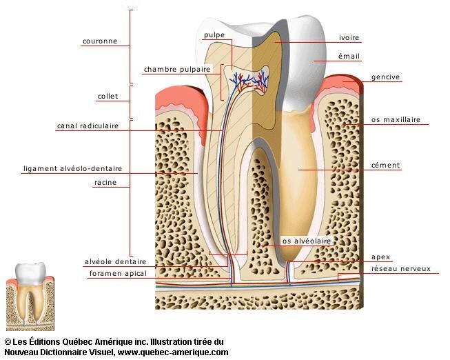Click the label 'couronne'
[x=100, y=41]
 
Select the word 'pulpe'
[x=215, y=34]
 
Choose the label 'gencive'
[x=385, y=77]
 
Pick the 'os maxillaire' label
[x=396, y=119]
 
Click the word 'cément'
[x=385, y=166]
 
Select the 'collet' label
[x=108, y=97]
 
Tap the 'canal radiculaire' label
[x=88, y=126]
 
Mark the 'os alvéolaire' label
[x=307, y=241]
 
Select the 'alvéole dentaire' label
[x=115, y=262]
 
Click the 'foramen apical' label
[x=118, y=274]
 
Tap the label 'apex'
[x=380, y=257]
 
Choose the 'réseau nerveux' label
[x=400, y=268]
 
